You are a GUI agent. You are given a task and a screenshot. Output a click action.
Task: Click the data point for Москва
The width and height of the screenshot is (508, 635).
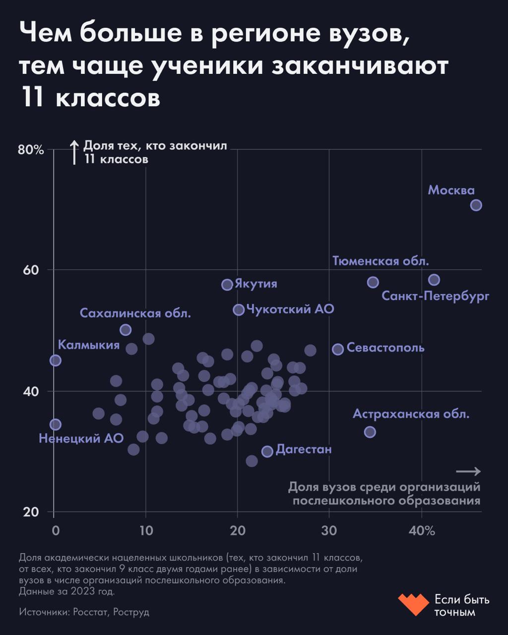coord(476,205)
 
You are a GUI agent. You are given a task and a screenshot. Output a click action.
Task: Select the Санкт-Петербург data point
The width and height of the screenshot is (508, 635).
coord(434,280)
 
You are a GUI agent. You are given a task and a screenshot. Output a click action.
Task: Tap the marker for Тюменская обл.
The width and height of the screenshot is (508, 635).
coord(373,282)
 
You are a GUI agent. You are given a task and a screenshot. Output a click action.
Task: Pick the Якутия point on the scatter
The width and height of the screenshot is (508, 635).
coord(227,284)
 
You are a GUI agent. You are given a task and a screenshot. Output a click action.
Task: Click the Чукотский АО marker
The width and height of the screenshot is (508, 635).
coord(239,310)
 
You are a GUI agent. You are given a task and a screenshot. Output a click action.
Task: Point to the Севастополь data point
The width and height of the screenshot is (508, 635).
coord(338,349)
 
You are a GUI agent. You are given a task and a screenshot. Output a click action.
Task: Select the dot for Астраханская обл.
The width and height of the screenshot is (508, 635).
coord(370,432)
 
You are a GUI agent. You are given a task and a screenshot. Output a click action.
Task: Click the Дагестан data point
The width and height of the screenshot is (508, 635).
coord(267,451)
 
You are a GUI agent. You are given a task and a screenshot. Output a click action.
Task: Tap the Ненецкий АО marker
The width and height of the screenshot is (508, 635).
coord(56,425)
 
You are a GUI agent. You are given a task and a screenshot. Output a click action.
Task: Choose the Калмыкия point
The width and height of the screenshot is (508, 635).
coord(56,360)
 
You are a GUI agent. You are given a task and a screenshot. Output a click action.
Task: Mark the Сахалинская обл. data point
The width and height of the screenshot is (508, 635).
coord(126,330)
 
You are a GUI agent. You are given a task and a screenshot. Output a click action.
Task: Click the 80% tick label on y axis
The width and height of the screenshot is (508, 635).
coord(31,150)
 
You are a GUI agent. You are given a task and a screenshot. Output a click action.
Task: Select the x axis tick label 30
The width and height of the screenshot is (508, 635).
coord(329,531)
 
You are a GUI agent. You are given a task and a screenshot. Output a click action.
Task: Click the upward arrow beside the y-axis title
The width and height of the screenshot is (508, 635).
coord(74,152)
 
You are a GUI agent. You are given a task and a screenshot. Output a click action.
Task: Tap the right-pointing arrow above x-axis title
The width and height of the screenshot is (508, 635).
coord(468,471)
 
